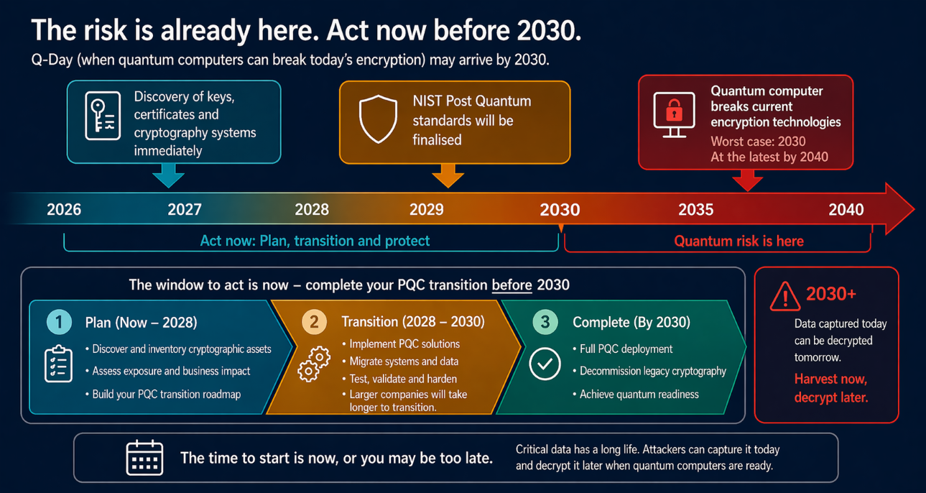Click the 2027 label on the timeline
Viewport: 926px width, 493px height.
point(185,210)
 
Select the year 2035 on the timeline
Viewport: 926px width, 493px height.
point(695,210)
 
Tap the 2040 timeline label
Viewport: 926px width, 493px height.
point(846,210)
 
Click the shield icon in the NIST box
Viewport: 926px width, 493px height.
point(378,119)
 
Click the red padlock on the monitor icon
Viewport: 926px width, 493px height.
point(673,111)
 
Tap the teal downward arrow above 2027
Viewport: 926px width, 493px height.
point(168,175)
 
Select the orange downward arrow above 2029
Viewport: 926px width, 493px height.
point(448,175)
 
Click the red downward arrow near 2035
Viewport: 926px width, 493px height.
point(747,180)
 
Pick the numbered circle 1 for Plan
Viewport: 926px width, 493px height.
point(59,321)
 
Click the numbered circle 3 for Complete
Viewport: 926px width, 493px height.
point(545,321)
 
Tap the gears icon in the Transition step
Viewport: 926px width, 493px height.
point(315,364)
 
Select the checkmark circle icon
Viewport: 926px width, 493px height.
point(545,364)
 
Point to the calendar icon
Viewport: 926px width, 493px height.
point(144,458)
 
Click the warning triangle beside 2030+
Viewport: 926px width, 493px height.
point(784,296)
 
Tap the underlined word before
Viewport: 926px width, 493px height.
point(511,285)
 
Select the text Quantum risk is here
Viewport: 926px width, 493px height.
point(739,241)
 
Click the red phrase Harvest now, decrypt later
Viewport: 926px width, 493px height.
point(830,388)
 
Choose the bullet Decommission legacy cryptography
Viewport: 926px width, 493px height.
point(652,372)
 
